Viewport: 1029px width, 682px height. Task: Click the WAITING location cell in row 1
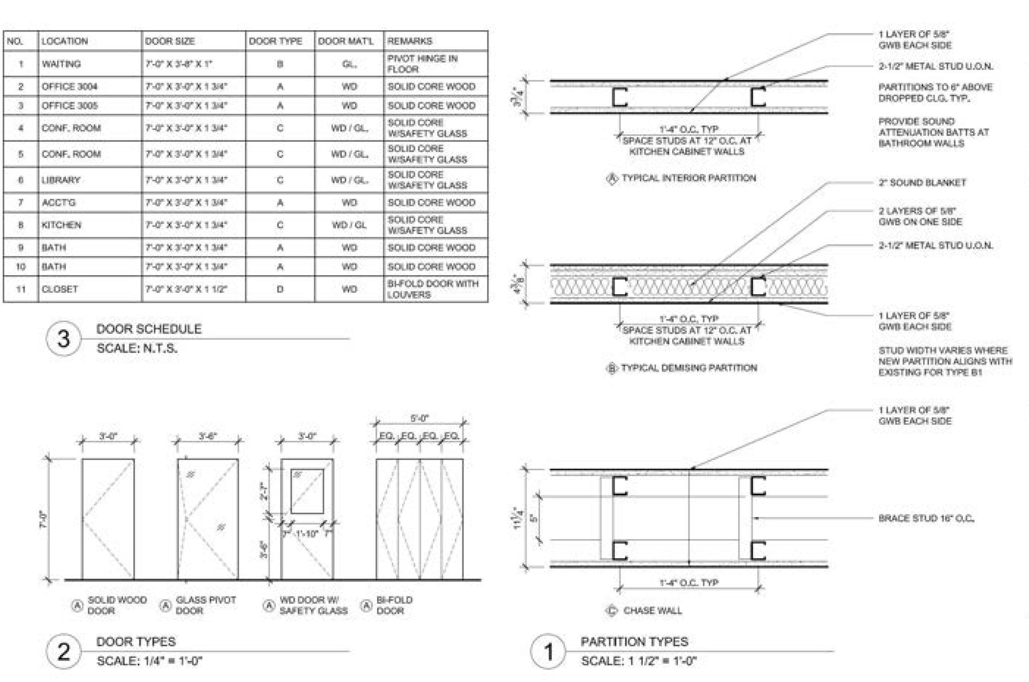61,64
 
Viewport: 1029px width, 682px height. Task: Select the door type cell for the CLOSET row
280,289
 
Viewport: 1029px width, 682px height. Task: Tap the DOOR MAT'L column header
345,41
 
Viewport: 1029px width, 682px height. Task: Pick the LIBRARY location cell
61,180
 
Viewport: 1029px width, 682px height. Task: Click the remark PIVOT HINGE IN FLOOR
422,64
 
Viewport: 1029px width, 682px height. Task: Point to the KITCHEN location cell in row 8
61,225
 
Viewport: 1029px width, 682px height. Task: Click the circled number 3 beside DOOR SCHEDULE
63,339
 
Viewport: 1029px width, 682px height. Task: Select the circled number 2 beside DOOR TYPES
63,651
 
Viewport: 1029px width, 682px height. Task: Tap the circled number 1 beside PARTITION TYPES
548,651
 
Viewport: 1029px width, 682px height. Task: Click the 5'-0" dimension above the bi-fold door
419,418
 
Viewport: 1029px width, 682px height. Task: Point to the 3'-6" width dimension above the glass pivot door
208,436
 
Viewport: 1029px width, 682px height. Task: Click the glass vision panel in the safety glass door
307,491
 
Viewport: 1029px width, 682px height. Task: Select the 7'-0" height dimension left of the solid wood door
44,519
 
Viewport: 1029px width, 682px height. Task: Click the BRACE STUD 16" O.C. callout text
926,518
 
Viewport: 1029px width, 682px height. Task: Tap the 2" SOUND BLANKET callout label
922,183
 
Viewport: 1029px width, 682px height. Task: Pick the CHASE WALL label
652,611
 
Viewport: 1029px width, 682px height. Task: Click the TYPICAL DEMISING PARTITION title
688,368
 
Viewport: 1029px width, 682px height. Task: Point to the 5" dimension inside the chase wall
534,518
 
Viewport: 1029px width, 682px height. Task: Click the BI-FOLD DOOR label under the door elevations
394,605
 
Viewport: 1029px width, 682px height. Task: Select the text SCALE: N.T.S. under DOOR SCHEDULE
137,348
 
